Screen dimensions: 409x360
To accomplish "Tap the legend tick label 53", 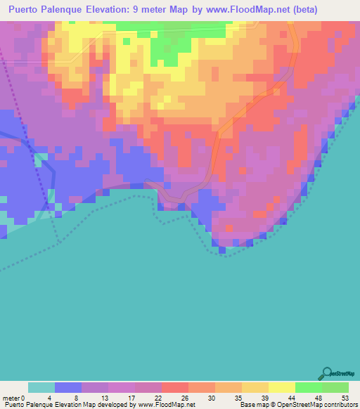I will point(345,397).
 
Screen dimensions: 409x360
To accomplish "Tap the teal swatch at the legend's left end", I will point(41,387).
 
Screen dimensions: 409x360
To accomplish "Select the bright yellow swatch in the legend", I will point(281,387).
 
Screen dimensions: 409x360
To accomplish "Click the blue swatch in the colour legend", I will point(68,387).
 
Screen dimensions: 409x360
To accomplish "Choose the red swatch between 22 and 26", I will point(174,387).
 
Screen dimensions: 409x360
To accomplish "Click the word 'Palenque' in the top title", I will point(70,10).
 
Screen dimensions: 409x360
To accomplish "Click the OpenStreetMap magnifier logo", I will point(327,373).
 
